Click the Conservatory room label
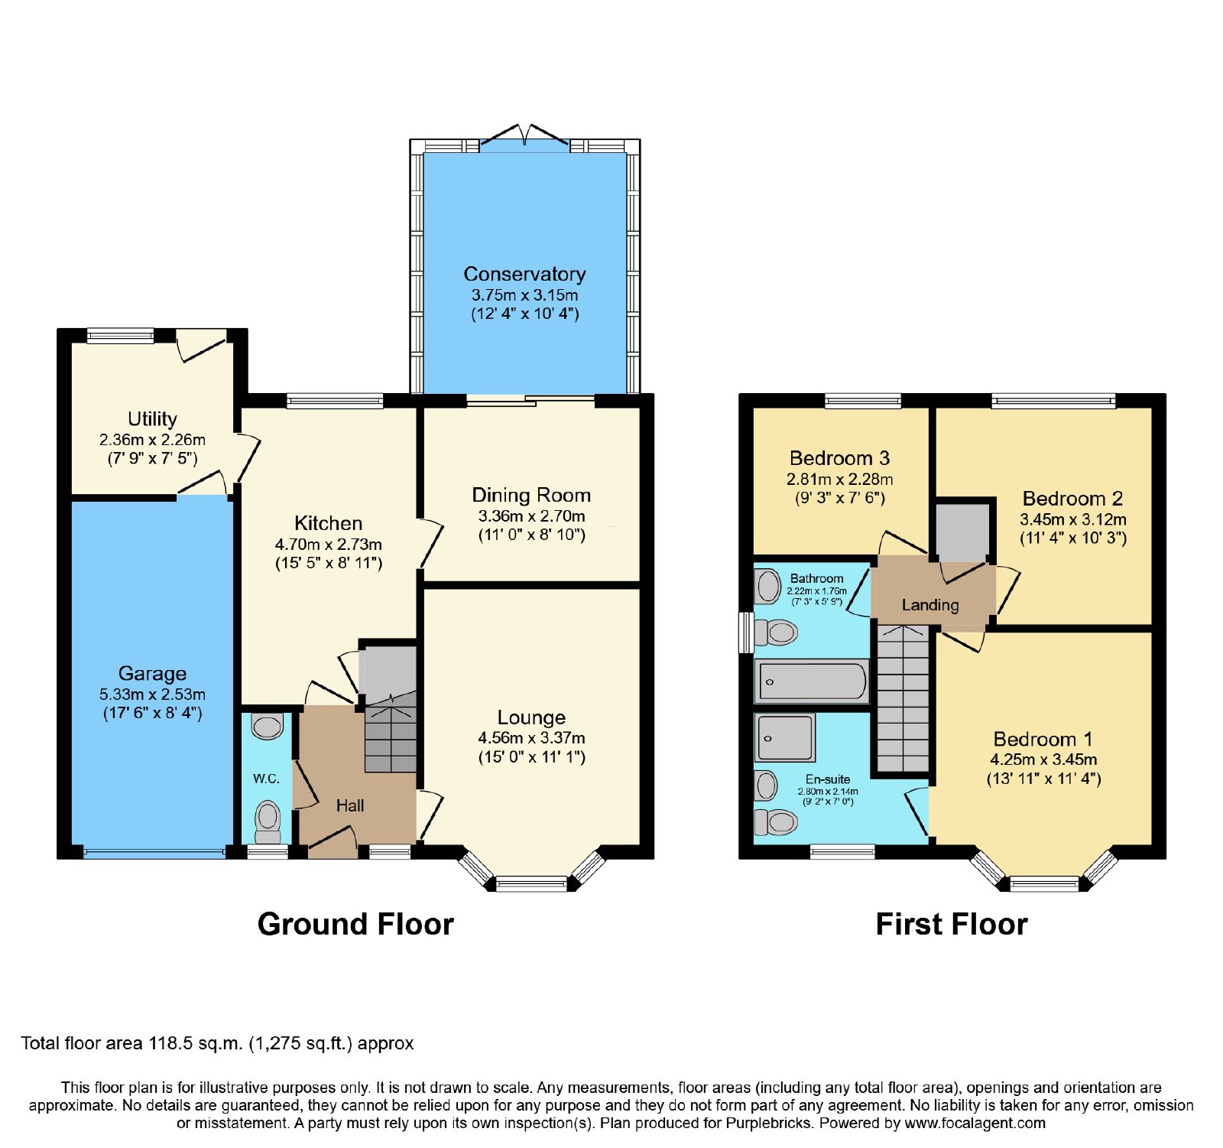tap(524, 274)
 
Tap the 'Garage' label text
tap(152, 674)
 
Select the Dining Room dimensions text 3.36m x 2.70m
tap(531, 516)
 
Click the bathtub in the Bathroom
tap(812, 681)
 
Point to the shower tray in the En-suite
tap(785, 737)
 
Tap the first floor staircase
tap(903, 698)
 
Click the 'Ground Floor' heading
tap(355, 924)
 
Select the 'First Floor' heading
tap(952, 924)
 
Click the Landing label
tap(930, 605)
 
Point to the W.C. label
tap(267, 779)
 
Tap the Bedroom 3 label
tap(839, 458)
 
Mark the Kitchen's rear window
tap(335, 400)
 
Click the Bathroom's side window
tap(746, 632)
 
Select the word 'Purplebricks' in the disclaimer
tap(774, 1124)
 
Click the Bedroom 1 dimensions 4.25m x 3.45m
tap(1043, 759)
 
